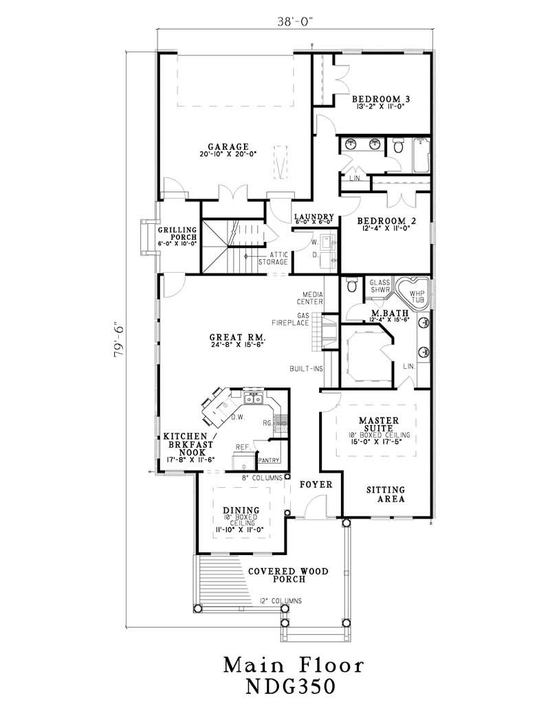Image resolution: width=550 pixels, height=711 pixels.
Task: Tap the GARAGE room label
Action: click(228, 146)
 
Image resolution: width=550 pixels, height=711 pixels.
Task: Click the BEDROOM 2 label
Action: click(384, 221)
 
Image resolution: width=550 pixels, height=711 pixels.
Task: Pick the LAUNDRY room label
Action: click(313, 216)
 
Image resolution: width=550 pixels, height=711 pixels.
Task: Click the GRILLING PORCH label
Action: click(177, 234)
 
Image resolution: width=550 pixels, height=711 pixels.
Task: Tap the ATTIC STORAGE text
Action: click(273, 258)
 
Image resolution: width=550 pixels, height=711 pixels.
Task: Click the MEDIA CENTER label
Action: click(310, 298)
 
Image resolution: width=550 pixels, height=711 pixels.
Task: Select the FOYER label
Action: click(317, 484)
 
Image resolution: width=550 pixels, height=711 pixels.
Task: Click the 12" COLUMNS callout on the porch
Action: click(280, 601)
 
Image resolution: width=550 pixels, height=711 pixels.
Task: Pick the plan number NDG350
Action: click(293, 687)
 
